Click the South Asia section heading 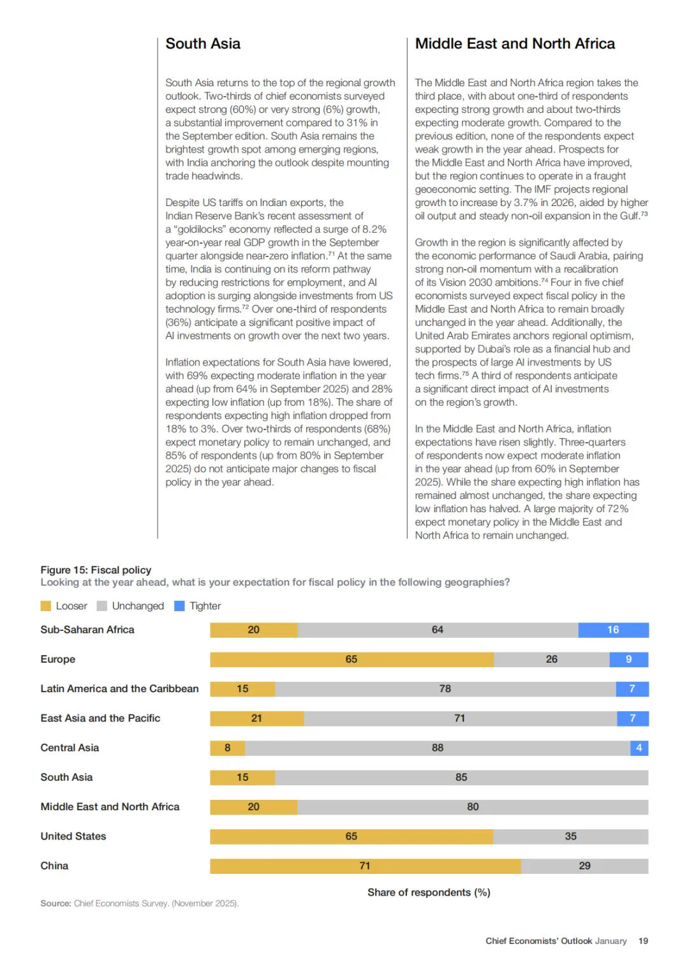pyautogui.click(x=203, y=43)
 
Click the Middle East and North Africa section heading pyautogui.click(x=515, y=43)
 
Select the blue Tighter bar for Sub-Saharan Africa pyautogui.click(x=613, y=630)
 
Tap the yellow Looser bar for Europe pyautogui.click(x=352, y=659)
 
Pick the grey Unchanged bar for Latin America pyautogui.click(x=445, y=689)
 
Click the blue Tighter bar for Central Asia pyautogui.click(x=639, y=748)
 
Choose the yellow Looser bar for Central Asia pyautogui.click(x=227, y=748)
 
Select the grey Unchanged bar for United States pyautogui.click(x=570, y=836)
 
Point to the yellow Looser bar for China pyautogui.click(x=365, y=866)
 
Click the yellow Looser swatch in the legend pyautogui.click(x=46, y=606)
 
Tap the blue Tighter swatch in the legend pyautogui.click(x=179, y=606)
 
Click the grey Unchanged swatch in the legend pyautogui.click(x=102, y=606)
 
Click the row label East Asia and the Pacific pyautogui.click(x=100, y=718)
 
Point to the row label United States pyautogui.click(x=73, y=836)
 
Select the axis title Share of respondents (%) pyautogui.click(x=429, y=892)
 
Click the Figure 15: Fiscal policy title pyautogui.click(x=96, y=570)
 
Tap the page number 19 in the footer pyautogui.click(x=643, y=941)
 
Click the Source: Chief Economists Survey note pyautogui.click(x=140, y=903)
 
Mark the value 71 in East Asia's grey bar pyautogui.click(x=459, y=718)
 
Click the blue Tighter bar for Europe pyautogui.click(x=628, y=659)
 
